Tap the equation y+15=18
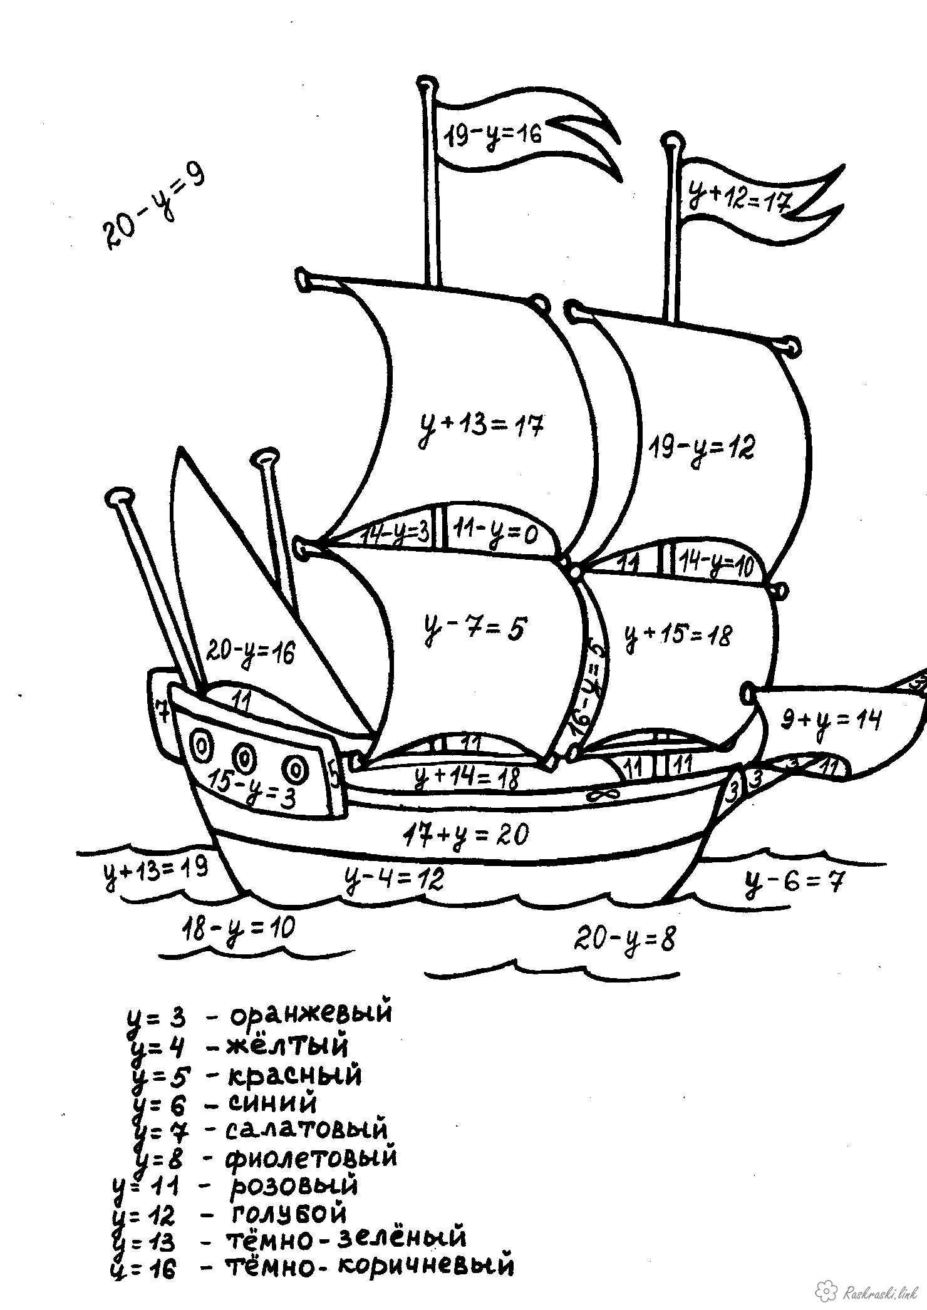tap(678, 637)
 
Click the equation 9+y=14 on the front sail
tap(831, 721)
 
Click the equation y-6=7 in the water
tap(795, 883)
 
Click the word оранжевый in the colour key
tap(311, 1013)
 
